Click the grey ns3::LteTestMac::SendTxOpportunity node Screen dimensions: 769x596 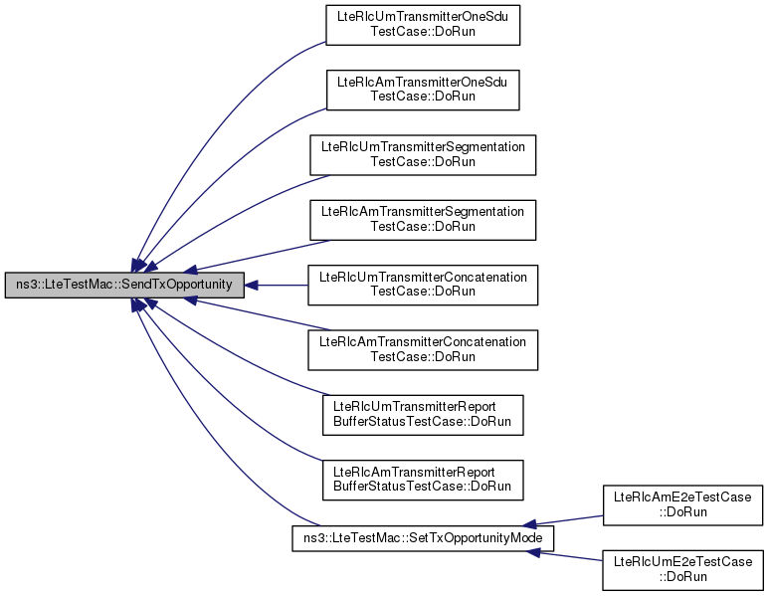[124, 285]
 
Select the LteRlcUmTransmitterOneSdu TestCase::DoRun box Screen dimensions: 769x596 [423, 25]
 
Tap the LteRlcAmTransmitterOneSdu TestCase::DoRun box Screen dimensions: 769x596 [423, 90]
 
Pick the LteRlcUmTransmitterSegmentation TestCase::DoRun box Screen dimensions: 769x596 [423, 154]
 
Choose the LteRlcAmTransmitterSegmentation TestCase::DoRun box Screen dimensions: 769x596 [423, 220]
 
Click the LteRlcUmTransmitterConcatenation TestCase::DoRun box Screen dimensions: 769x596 [423, 285]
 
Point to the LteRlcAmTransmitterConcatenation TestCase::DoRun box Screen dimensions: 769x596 [423, 350]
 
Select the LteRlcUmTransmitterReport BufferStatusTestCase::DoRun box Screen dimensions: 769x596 [423, 415]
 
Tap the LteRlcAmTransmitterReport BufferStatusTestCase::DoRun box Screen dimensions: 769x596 [423, 480]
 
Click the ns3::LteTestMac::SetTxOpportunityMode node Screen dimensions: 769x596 [423, 538]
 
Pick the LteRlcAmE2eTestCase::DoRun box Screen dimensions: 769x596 [682, 505]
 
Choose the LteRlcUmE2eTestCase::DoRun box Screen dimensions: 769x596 [682, 570]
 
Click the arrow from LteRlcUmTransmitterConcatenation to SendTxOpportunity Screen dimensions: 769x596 [277, 285]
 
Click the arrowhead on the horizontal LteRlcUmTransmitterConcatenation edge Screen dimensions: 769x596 [251, 285]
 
